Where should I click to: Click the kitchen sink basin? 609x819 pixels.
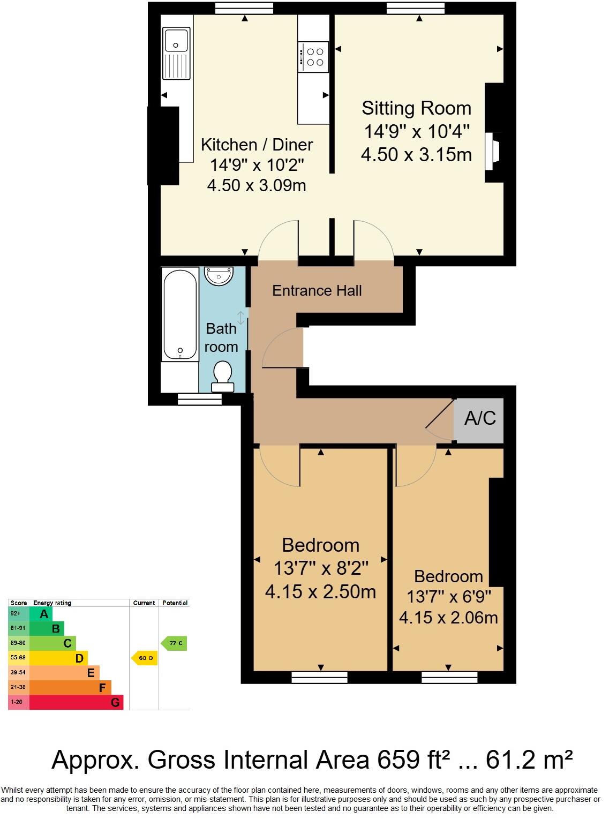coord(176,41)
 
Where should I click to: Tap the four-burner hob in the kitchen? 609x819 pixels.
coord(313,57)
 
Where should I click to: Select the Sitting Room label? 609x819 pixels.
coord(416,108)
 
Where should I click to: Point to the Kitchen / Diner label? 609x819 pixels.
coord(257,145)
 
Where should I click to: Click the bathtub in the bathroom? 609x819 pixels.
coord(180,315)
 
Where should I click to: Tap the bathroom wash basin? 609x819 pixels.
coord(219,276)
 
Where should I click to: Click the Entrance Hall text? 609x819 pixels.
coord(317,291)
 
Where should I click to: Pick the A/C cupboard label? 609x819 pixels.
coord(480,418)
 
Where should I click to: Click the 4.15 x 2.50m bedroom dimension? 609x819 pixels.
coord(320,591)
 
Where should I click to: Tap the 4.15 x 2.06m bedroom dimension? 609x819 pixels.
coord(448,617)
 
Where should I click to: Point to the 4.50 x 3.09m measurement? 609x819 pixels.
coord(257,185)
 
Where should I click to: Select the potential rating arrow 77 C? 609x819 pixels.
coord(175,643)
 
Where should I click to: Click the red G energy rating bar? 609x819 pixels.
coord(76,702)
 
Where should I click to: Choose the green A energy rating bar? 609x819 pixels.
coord(41,614)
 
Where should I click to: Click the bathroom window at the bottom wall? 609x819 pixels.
coord(200,399)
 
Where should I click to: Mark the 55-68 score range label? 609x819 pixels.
coord(18,658)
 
